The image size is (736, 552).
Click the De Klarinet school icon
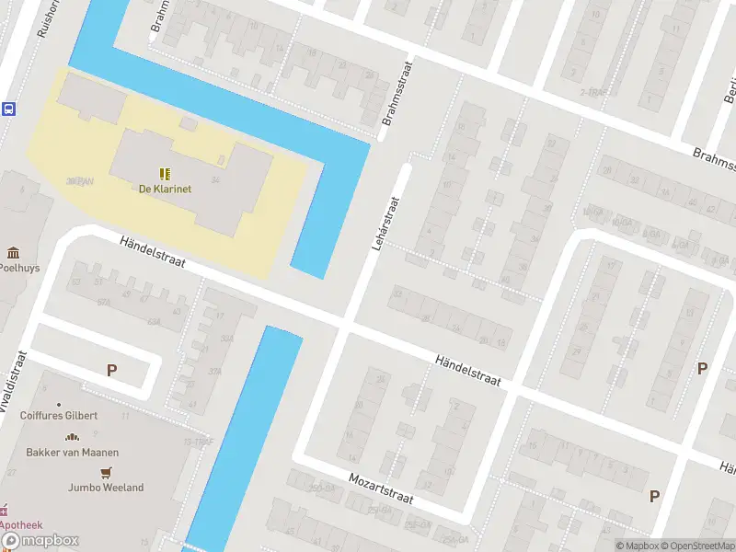click(165, 173)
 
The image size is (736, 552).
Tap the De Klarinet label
click(165, 190)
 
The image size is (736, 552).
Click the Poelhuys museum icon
click(13, 253)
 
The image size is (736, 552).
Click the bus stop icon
click(8, 109)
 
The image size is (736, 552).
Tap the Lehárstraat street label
click(385, 224)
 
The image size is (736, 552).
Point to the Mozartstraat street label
click(380, 488)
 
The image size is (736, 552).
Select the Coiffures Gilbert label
click(59, 416)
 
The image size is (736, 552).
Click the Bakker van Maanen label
click(72, 452)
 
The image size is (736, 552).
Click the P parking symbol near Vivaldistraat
click(111, 371)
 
